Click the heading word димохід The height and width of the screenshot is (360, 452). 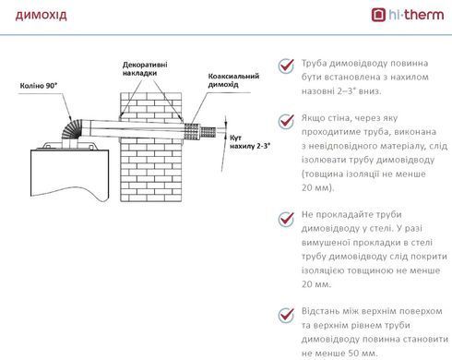pyautogui.click(x=41, y=15)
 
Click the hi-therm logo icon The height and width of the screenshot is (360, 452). pyautogui.click(x=378, y=15)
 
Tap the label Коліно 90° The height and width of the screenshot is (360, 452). pyautogui.click(x=39, y=86)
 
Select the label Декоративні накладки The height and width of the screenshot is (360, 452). pyautogui.click(x=145, y=69)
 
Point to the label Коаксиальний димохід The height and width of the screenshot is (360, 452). pyautogui.click(x=233, y=80)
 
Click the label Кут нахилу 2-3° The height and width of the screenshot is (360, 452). pyautogui.click(x=250, y=142)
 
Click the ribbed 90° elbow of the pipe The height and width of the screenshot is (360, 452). pyautogui.click(x=72, y=129)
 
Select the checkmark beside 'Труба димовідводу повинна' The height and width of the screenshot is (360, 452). pyautogui.click(x=286, y=66)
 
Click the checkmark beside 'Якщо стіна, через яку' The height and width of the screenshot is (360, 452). pyautogui.click(x=286, y=121)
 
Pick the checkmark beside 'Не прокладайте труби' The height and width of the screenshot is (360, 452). pyautogui.click(x=286, y=219)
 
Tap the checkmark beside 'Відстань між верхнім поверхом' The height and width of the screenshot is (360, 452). pyautogui.click(x=286, y=315)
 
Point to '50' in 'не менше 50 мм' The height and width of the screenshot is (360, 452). pyautogui.click(x=353, y=354)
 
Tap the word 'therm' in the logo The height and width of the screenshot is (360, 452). pyautogui.click(x=425, y=15)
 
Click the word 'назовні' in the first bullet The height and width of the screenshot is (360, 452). pyautogui.click(x=317, y=91)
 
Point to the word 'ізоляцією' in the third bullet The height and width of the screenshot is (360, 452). pyautogui.click(x=323, y=270)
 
